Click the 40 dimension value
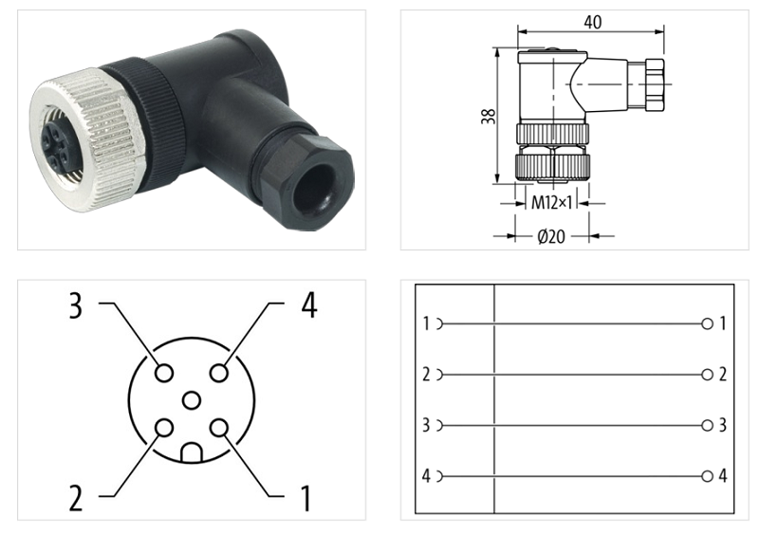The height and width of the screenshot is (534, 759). coord(593,22)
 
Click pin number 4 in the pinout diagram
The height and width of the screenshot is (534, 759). coord(308,305)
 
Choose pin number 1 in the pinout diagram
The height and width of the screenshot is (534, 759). coord(305,496)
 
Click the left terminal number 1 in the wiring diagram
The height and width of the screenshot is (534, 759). coord(426,324)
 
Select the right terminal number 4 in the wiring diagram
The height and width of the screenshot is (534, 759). coord(723,475)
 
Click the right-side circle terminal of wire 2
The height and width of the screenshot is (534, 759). coord(707,375)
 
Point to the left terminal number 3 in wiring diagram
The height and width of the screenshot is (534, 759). coord(426,425)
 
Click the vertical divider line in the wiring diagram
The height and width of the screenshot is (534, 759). coord(495,398)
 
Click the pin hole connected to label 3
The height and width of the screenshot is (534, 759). coord(164,373)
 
